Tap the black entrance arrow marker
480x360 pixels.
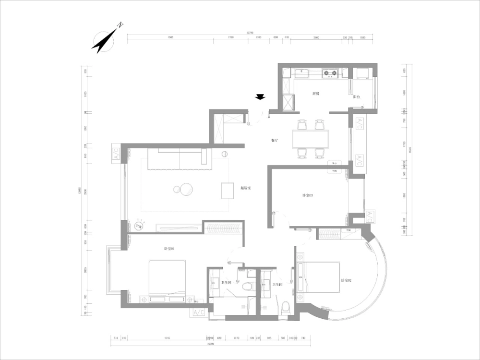click(x=260, y=97)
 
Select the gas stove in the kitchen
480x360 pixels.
click(x=330, y=74)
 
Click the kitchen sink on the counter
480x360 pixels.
click(x=301, y=73)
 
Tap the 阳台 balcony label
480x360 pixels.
click(x=357, y=96)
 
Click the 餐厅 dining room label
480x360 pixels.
click(x=275, y=141)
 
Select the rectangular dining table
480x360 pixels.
click(x=311, y=139)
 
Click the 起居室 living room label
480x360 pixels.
click(x=246, y=188)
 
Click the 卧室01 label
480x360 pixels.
click(x=168, y=249)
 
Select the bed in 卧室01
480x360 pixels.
click(x=167, y=281)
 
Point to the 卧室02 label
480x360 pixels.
click(x=347, y=280)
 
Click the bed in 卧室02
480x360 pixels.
click(x=319, y=277)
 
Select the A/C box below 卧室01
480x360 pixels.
click(x=199, y=312)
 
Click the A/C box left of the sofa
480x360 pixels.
click(x=116, y=154)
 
